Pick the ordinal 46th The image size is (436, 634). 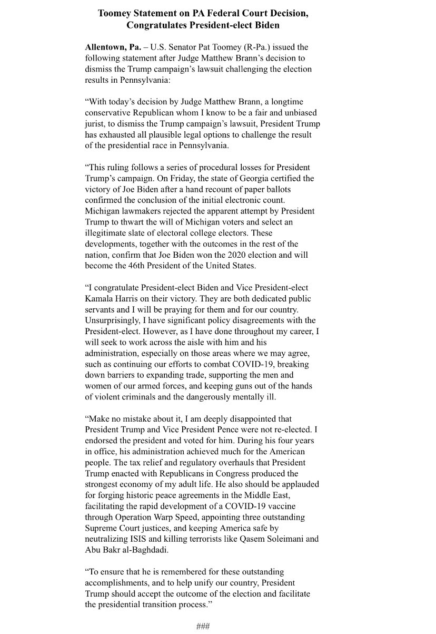(137, 266)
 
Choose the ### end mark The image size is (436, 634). (203, 626)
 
